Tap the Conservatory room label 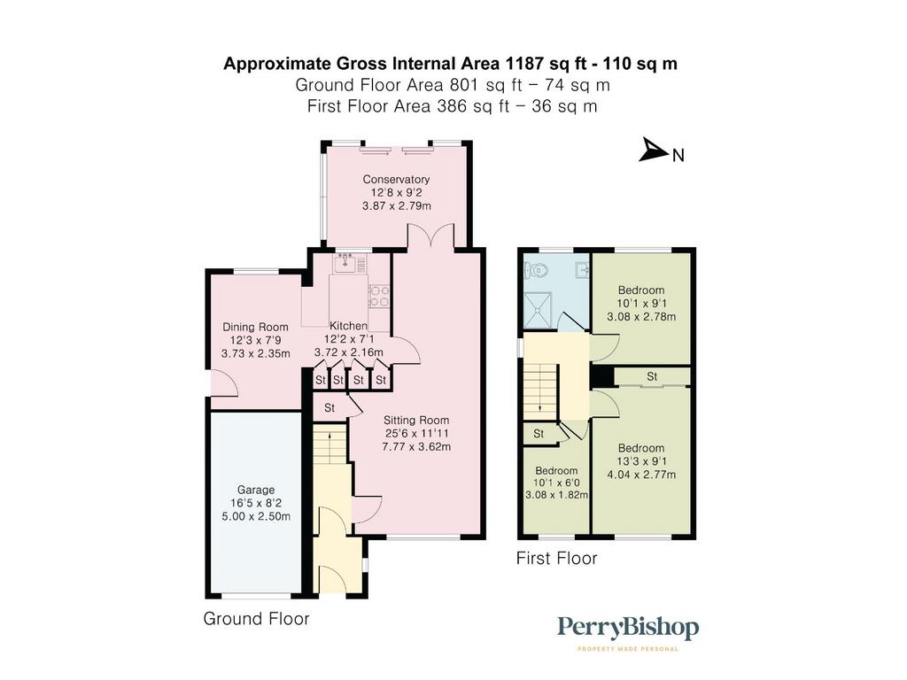pos(396,179)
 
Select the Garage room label pos(256,490)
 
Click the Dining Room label pos(255,327)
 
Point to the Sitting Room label pos(416,421)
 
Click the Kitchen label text pos(348,326)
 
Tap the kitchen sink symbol pos(346,264)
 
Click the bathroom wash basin pos(581,269)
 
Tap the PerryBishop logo pos(628,632)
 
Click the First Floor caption pos(556,558)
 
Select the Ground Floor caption pos(256,619)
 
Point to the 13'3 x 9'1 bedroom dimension pos(641,461)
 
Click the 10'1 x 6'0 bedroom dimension pos(556,483)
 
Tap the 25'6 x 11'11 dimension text pos(416,434)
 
